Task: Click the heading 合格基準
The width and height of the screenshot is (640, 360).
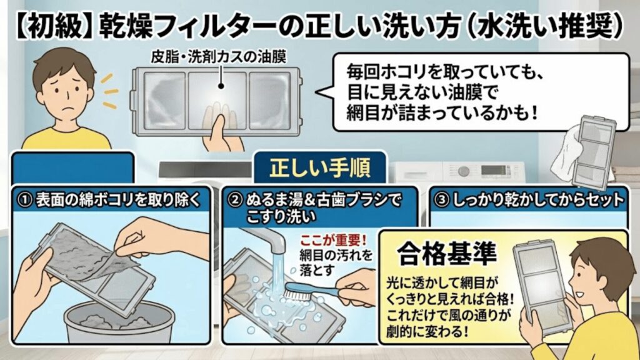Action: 446,253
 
